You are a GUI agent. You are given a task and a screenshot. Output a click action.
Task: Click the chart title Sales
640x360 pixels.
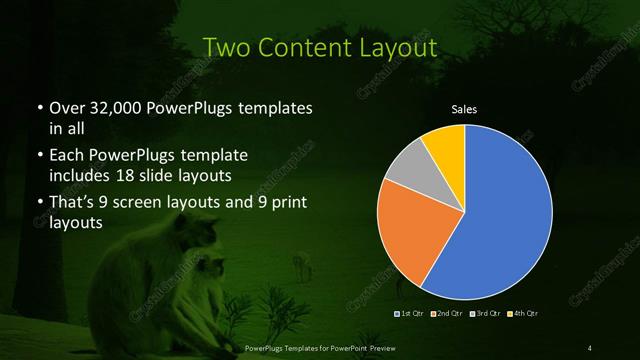[x=464, y=108]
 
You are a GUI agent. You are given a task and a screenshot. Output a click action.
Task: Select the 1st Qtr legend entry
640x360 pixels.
[x=410, y=314]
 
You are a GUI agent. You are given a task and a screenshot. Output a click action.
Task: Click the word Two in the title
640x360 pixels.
[x=226, y=47]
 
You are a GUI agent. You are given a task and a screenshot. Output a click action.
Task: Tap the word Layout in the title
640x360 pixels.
[x=397, y=47]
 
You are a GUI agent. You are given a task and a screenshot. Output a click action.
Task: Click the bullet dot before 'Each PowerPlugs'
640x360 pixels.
[x=39, y=157]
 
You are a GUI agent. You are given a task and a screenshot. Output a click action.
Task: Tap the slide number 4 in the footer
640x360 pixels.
[x=590, y=347]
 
